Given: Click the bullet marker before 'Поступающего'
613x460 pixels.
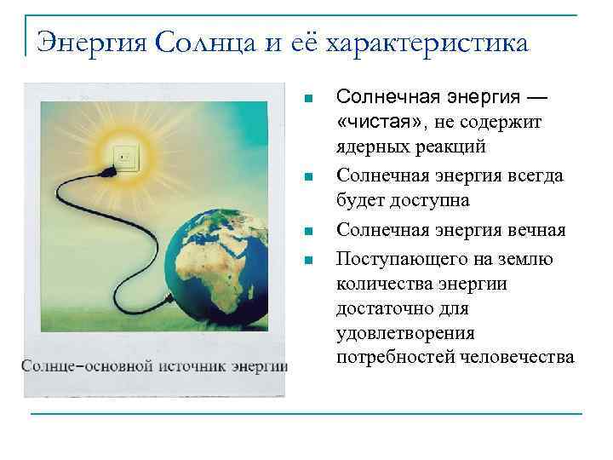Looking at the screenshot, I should [x=310, y=259].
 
